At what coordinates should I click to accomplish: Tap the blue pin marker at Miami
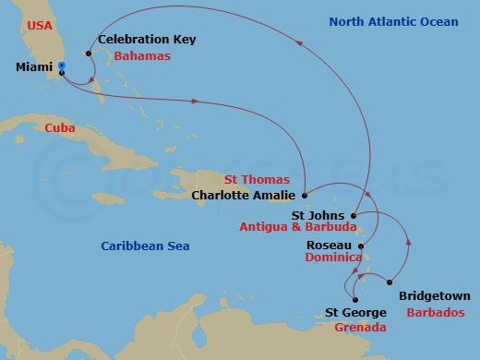click(x=61, y=66)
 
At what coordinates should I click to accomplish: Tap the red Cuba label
click(x=60, y=128)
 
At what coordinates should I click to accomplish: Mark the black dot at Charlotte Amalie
click(x=305, y=195)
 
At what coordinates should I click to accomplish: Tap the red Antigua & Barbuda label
click(x=297, y=228)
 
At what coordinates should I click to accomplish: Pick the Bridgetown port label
click(x=433, y=296)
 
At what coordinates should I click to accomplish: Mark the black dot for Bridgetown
click(x=390, y=282)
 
